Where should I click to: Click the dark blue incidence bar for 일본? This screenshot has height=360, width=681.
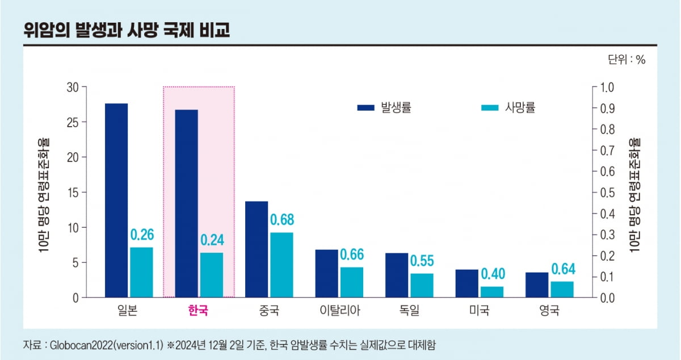pos(116,200)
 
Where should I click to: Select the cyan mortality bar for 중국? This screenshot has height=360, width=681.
pos(281,265)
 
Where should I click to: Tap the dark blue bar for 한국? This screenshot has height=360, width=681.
pos(186,203)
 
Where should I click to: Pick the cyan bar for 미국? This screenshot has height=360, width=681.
pos(491,291)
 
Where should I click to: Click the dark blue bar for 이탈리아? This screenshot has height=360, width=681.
pos(326,273)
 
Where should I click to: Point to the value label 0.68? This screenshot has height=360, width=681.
pos(281,220)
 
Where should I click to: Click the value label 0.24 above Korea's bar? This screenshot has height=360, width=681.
pos(212,240)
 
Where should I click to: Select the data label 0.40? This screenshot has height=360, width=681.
pos(492,274)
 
